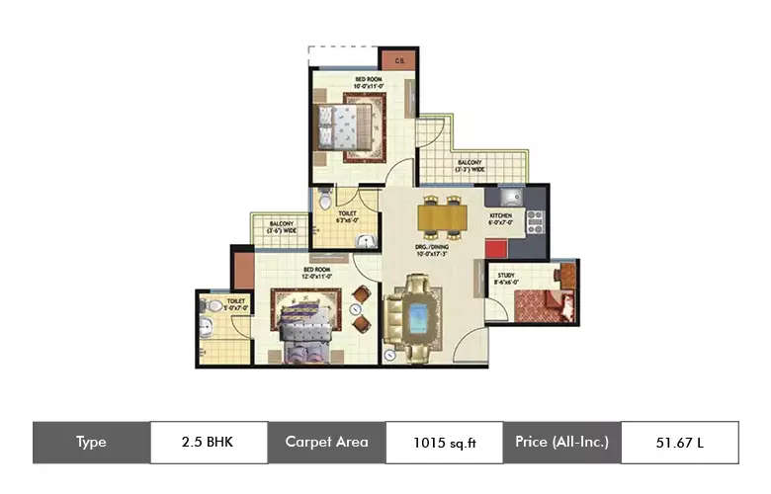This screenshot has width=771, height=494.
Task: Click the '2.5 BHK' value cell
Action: (209, 442)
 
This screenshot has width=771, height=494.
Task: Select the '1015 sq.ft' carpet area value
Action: (443, 442)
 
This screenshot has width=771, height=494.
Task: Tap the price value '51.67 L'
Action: (679, 442)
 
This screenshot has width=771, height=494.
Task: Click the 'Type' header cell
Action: (91, 442)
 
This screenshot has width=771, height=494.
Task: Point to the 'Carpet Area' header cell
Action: (326, 442)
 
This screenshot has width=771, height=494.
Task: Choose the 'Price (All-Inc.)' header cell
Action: (561, 442)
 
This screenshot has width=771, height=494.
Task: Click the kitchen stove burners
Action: (535, 222)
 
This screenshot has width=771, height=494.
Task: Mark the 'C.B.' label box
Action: (398, 60)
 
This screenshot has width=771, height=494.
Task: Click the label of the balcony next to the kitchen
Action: (470, 165)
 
